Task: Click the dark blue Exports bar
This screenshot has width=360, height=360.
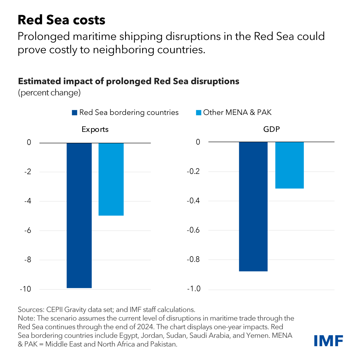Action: [79, 215]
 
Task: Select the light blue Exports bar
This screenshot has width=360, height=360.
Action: [111, 179]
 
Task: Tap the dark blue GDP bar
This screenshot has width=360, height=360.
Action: [253, 206]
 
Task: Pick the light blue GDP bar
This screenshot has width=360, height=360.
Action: [289, 165]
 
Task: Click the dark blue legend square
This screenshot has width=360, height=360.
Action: [74, 113]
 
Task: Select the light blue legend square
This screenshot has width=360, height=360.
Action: [199, 113]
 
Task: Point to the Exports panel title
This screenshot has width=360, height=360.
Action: [95, 130]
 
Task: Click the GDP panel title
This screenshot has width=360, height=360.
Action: [271, 129]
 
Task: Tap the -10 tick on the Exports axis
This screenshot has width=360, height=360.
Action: [25, 289]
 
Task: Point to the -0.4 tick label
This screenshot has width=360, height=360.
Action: [193, 201]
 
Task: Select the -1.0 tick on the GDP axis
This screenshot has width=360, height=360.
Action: [193, 289]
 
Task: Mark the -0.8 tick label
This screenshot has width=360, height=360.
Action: [193, 259]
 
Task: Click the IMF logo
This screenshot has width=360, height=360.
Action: [328, 340]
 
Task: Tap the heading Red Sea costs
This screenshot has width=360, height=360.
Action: [61, 20]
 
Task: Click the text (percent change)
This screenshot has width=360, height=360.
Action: [49, 93]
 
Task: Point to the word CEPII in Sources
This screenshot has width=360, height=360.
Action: [55, 310]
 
